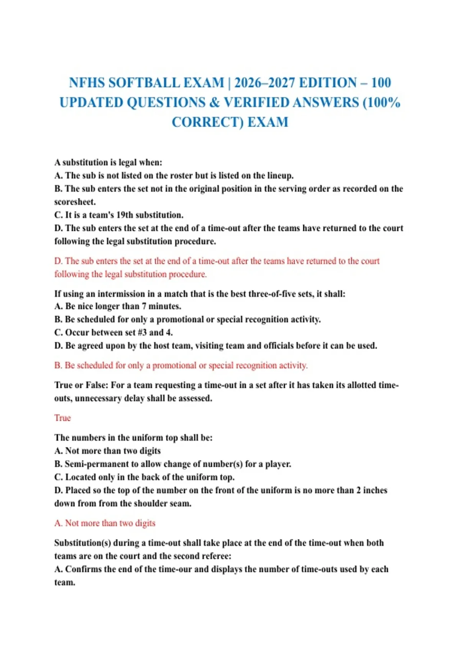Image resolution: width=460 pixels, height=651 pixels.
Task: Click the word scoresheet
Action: [74, 202]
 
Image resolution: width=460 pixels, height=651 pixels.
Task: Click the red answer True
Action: [62, 418]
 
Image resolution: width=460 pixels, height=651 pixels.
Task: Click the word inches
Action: [375, 490]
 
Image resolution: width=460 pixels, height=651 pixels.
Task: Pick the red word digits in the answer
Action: [145, 523]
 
